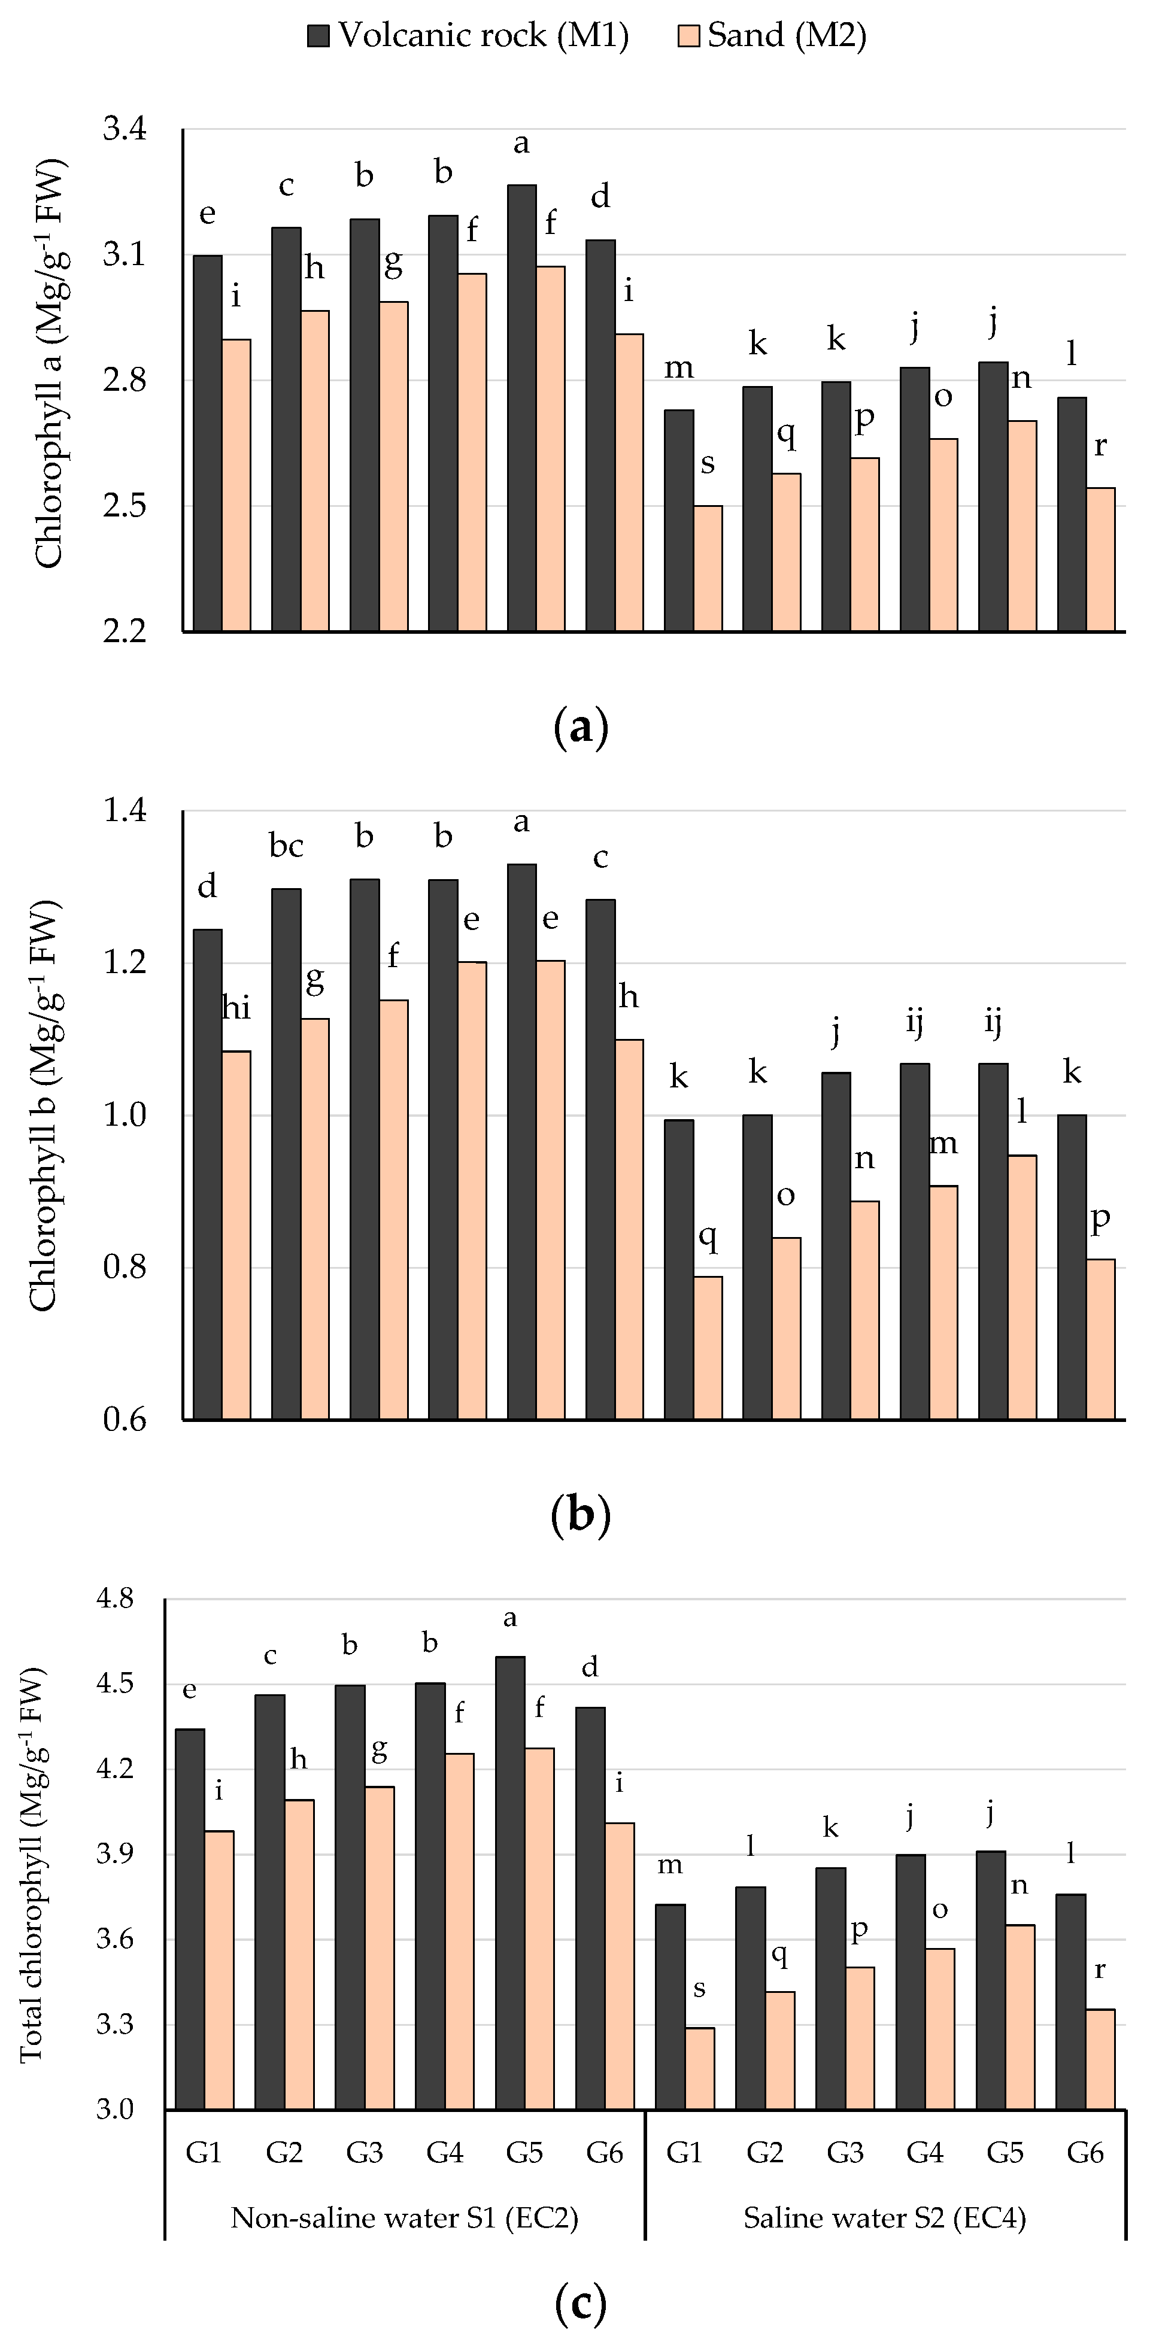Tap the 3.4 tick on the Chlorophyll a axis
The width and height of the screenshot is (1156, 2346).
(x=124, y=129)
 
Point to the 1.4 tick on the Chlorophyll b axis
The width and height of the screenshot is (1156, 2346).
(x=124, y=810)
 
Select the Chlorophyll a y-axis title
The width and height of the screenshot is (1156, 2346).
(x=50, y=364)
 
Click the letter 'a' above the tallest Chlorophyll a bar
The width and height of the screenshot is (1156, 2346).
(x=521, y=143)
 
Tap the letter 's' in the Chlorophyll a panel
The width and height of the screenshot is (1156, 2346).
(x=708, y=464)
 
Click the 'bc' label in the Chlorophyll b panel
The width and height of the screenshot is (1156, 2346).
(x=286, y=846)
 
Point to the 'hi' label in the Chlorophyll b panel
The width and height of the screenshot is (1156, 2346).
(x=237, y=1008)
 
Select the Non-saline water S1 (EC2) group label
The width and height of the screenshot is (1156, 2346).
(x=405, y=2217)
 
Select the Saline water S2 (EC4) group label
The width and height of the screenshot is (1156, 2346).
(x=885, y=2217)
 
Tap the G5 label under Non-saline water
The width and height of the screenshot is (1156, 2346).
(x=524, y=2153)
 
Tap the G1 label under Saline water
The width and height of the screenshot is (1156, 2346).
(x=684, y=2153)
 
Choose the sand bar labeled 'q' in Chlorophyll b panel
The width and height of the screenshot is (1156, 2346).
(x=708, y=1348)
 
